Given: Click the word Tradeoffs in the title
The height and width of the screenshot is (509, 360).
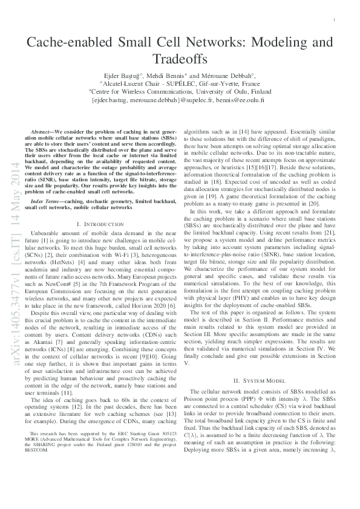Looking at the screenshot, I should pyautogui.click(x=180, y=60).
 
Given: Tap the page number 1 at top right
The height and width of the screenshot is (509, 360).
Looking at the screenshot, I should pyautogui.click(x=335, y=21).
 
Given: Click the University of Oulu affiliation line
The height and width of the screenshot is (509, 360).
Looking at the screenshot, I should pyautogui.click(x=180, y=91).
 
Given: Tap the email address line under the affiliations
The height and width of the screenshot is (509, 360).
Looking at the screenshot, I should pyautogui.click(x=180, y=99).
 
